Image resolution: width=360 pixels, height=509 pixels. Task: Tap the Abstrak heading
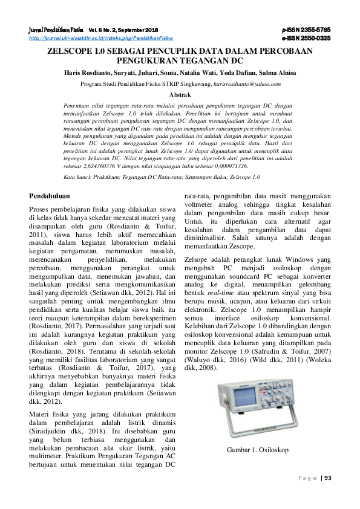[180, 95]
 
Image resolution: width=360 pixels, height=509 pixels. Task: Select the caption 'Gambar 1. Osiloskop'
[258, 450]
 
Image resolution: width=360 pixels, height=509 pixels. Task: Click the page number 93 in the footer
[329, 478]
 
